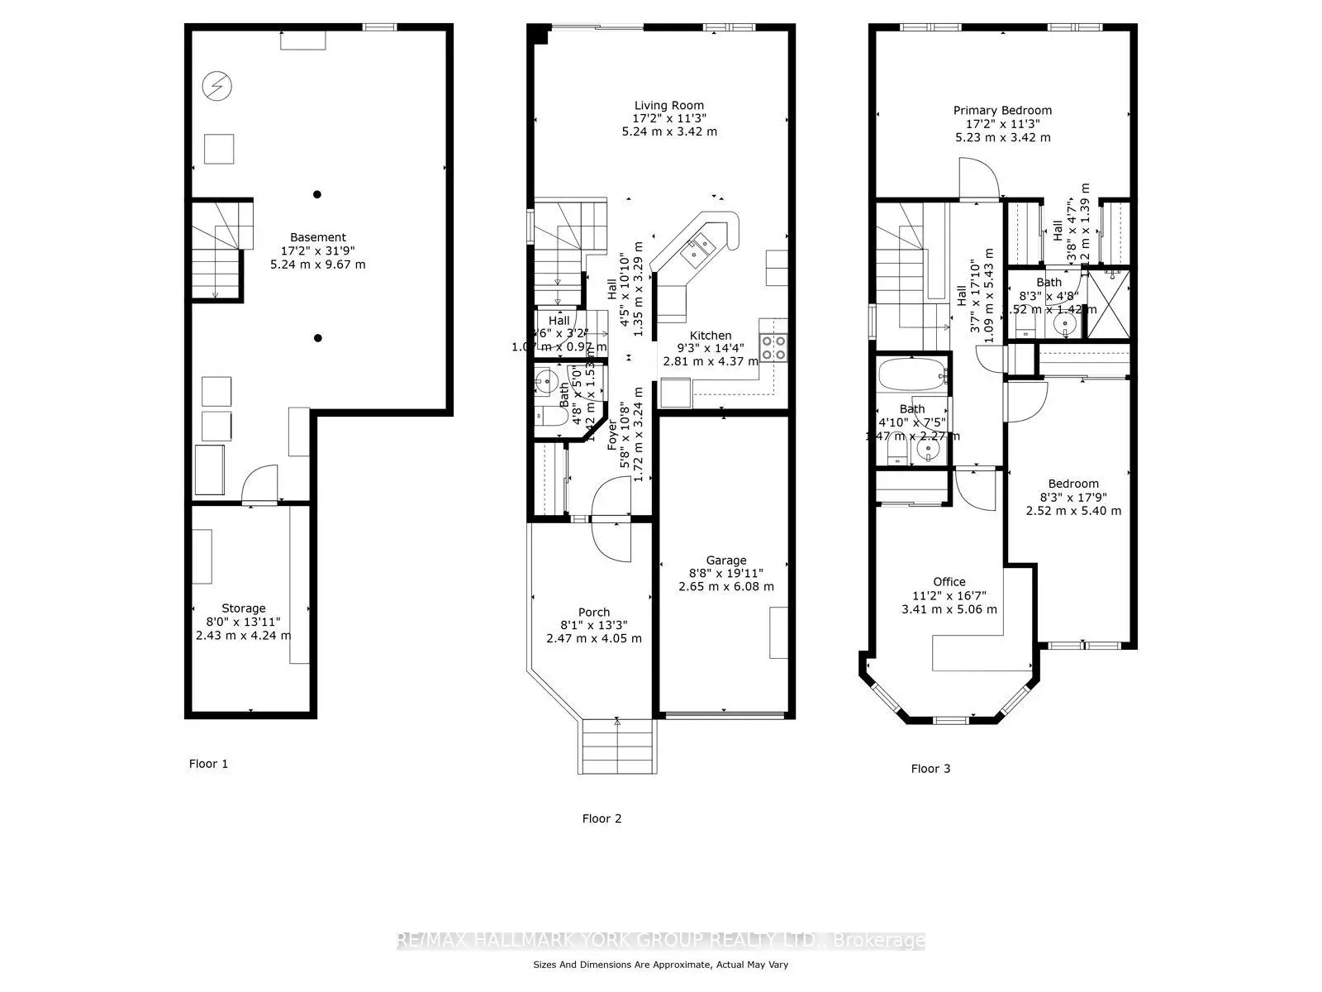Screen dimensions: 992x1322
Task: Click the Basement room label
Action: click(x=317, y=237)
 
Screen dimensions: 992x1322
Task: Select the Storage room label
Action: click(x=243, y=608)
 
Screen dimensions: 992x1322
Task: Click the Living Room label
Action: click(x=669, y=105)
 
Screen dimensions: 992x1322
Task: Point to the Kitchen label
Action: click(x=711, y=336)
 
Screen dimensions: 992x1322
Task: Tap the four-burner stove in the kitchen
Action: click(x=773, y=347)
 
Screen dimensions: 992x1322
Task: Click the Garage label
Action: click(x=725, y=560)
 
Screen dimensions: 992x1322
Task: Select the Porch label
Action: click(x=594, y=613)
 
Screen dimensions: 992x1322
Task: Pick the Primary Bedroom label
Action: click(x=1002, y=110)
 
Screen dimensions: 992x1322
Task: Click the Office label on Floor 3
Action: click(x=949, y=581)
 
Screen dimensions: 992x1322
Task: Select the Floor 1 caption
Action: click(x=208, y=764)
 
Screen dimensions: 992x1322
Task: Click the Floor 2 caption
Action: click(x=602, y=818)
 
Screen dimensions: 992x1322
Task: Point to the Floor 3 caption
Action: click(x=930, y=769)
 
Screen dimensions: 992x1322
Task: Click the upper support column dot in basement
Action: click(x=317, y=194)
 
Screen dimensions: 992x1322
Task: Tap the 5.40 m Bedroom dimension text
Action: click(x=1073, y=511)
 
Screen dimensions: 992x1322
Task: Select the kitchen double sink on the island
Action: click(x=694, y=249)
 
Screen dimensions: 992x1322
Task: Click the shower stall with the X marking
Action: click(x=1107, y=303)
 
